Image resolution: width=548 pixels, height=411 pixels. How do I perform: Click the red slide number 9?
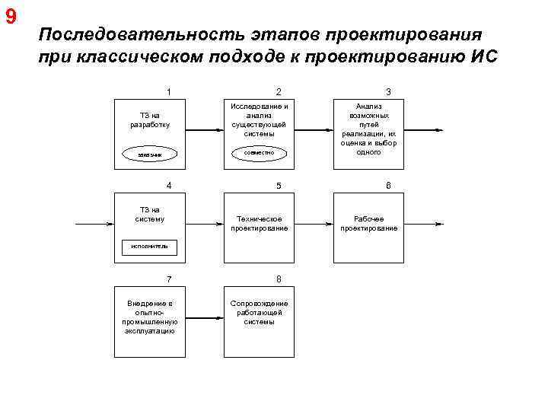[x=11, y=17]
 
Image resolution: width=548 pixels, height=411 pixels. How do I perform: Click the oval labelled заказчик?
[x=149, y=154]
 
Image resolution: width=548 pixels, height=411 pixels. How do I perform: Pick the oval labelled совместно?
[x=259, y=153]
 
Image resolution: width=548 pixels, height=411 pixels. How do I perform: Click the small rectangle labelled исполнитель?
[x=149, y=246]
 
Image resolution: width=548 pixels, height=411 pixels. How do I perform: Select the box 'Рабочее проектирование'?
[x=368, y=224]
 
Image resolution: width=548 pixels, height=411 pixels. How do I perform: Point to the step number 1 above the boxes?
[x=168, y=92]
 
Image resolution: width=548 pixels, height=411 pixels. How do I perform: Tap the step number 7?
[x=168, y=279]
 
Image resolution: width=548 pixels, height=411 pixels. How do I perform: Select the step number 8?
[x=279, y=279]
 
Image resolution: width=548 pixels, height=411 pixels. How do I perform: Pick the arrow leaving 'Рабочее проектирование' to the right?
[x=422, y=225]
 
